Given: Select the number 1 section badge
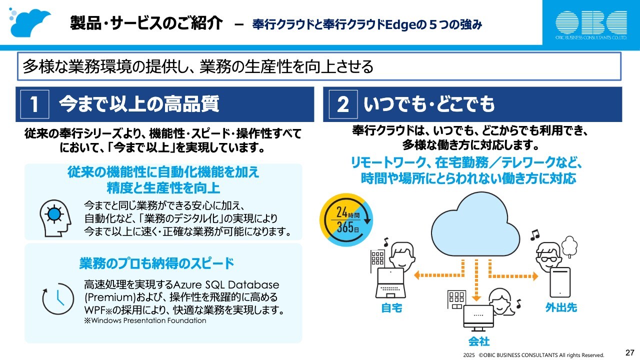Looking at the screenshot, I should point(34,104).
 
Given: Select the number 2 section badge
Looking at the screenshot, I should point(342,104).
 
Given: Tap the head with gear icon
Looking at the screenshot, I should point(53,215).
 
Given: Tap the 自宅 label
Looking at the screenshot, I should point(391,308).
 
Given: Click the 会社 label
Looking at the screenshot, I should point(478,341).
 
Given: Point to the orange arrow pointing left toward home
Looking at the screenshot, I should point(435,274).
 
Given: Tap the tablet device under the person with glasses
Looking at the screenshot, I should point(560,282).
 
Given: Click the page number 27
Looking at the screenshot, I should point(629,352).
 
